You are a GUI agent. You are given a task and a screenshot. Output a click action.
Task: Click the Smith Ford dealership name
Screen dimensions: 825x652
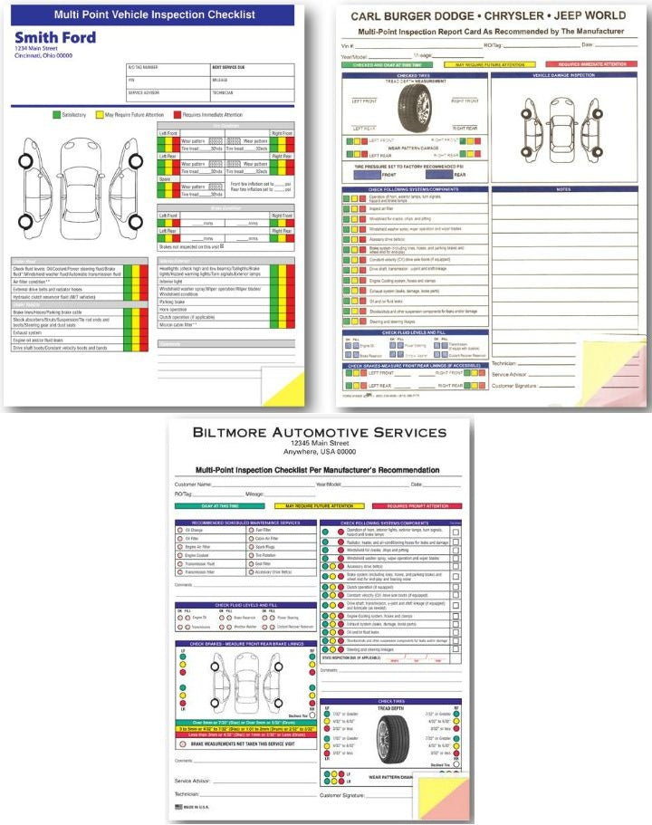[x=53, y=36]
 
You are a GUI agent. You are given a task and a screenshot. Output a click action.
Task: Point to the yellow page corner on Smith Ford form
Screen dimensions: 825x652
[x=292, y=384]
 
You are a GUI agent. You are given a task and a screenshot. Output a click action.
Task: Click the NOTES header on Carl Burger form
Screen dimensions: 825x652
[x=563, y=189]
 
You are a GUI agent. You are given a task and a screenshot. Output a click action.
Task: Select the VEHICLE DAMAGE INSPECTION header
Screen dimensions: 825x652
[x=563, y=75]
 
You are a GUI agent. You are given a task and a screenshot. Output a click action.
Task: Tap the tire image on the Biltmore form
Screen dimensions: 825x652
[x=390, y=739]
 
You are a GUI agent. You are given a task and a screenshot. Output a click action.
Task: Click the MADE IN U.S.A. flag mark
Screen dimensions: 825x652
[x=178, y=805]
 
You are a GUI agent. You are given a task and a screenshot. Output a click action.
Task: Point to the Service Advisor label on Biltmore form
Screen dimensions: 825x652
[x=193, y=779]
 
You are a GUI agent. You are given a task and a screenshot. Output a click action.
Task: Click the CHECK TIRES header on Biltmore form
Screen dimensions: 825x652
[x=391, y=702]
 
